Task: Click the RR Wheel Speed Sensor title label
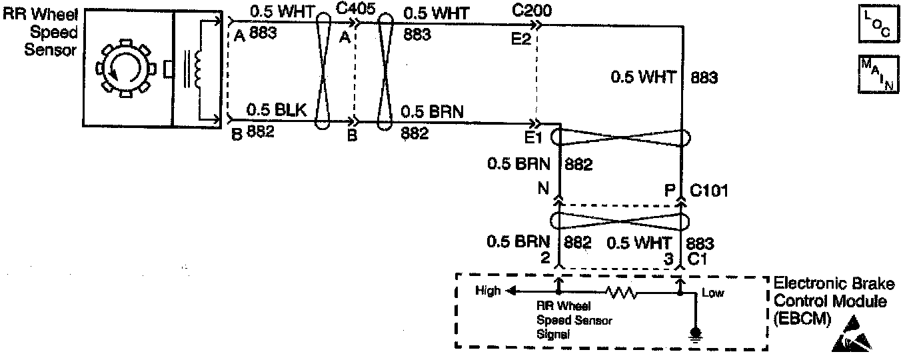tap(41, 32)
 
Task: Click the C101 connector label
tap(709, 191)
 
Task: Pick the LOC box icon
tap(878, 25)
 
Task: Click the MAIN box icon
tap(878, 75)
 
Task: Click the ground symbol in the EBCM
tap(696, 331)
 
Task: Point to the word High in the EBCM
tap(488, 291)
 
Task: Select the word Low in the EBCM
tap(712, 292)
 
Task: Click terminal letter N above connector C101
tap(544, 189)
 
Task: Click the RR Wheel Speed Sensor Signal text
tap(574, 321)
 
